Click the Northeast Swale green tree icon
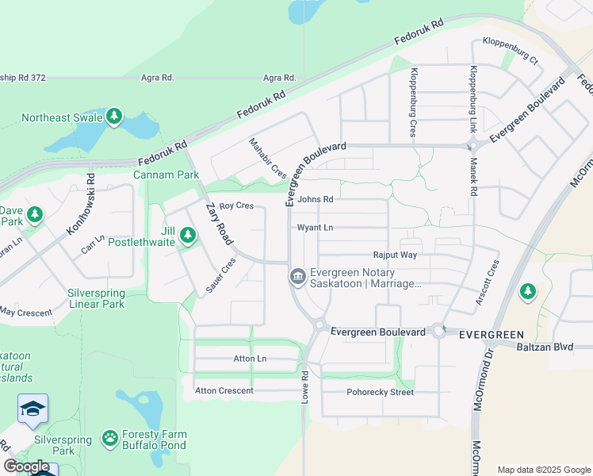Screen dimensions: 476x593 114,117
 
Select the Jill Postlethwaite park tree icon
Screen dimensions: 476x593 188,236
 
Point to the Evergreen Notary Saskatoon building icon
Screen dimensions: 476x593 297,277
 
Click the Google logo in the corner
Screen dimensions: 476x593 26,466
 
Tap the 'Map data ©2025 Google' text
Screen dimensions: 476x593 543,470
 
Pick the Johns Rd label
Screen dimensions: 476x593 316,200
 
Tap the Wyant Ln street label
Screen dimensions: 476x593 315,228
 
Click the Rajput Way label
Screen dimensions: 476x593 395,255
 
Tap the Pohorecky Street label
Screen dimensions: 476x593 380,392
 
